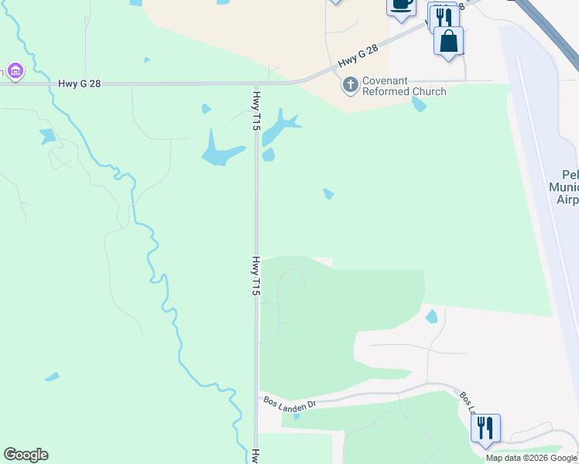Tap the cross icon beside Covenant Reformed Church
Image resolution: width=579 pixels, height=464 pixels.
point(351,84)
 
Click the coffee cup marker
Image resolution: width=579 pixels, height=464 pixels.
point(401,4)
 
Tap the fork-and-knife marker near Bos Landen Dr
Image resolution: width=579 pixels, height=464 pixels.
point(485,428)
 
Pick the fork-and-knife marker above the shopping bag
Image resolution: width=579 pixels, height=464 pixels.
point(443,17)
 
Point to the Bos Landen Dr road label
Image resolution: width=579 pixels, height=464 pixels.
point(290,403)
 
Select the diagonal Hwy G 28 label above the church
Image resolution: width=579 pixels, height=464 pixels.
point(358,56)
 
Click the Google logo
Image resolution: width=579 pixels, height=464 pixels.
point(26,455)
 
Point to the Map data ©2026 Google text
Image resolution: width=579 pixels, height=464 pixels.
point(531,458)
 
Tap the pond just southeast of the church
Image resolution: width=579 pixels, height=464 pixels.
point(419,104)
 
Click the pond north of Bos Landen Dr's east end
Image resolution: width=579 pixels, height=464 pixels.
point(431,316)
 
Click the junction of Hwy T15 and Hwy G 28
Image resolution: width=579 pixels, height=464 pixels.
point(257,83)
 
